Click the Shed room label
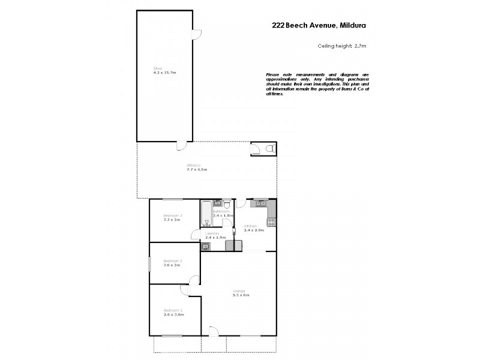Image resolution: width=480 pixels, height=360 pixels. pos(157,68)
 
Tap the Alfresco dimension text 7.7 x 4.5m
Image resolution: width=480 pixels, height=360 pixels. pos(196,170)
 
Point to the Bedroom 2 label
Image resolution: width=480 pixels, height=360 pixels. pos(173,260)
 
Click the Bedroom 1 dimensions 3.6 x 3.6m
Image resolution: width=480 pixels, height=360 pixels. pos(173,314)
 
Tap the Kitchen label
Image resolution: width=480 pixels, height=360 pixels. pos(250,225)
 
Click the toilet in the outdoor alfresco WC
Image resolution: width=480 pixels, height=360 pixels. pos(270,148)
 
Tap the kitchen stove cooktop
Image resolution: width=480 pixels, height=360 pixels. pos(271,223)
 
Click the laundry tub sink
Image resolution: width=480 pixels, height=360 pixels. pos(206,246)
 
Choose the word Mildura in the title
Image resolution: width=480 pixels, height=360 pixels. pos(353,26)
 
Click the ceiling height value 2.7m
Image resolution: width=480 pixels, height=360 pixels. pos(360,46)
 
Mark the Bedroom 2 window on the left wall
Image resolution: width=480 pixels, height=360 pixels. pos(150,264)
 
